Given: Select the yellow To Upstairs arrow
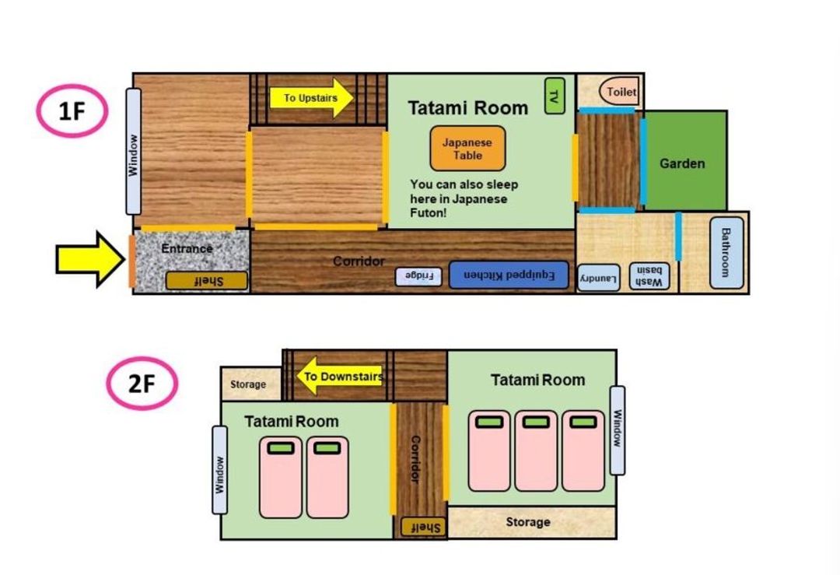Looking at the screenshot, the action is pyautogui.click(x=311, y=97).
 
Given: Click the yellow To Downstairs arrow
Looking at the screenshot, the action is pyautogui.click(x=340, y=376).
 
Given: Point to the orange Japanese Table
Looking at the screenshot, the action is pyautogui.click(x=467, y=149).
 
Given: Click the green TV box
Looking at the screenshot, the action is pyautogui.click(x=555, y=96).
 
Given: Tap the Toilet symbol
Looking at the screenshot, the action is pyautogui.click(x=619, y=92).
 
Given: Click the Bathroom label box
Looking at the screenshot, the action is pyautogui.click(x=726, y=252).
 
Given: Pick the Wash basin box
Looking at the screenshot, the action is pyautogui.click(x=649, y=276).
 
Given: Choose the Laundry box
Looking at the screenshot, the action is pyautogui.click(x=599, y=278).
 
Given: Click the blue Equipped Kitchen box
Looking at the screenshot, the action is pyautogui.click(x=509, y=275).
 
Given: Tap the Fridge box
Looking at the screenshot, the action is pyautogui.click(x=418, y=276).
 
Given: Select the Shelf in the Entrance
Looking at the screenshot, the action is pyautogui.click(x=207, y=281).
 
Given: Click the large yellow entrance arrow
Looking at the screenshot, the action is pyautogui.click(x=90, y=259).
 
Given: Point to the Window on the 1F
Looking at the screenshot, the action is pyautogui.click(x=134, y=152).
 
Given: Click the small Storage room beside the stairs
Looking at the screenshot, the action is pyautogui.click(x=251, y=384).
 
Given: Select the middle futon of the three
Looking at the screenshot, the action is pyautogui.click(x=536, y=451).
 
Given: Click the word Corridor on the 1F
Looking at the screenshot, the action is pyautogui.click(x=359, y=261).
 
